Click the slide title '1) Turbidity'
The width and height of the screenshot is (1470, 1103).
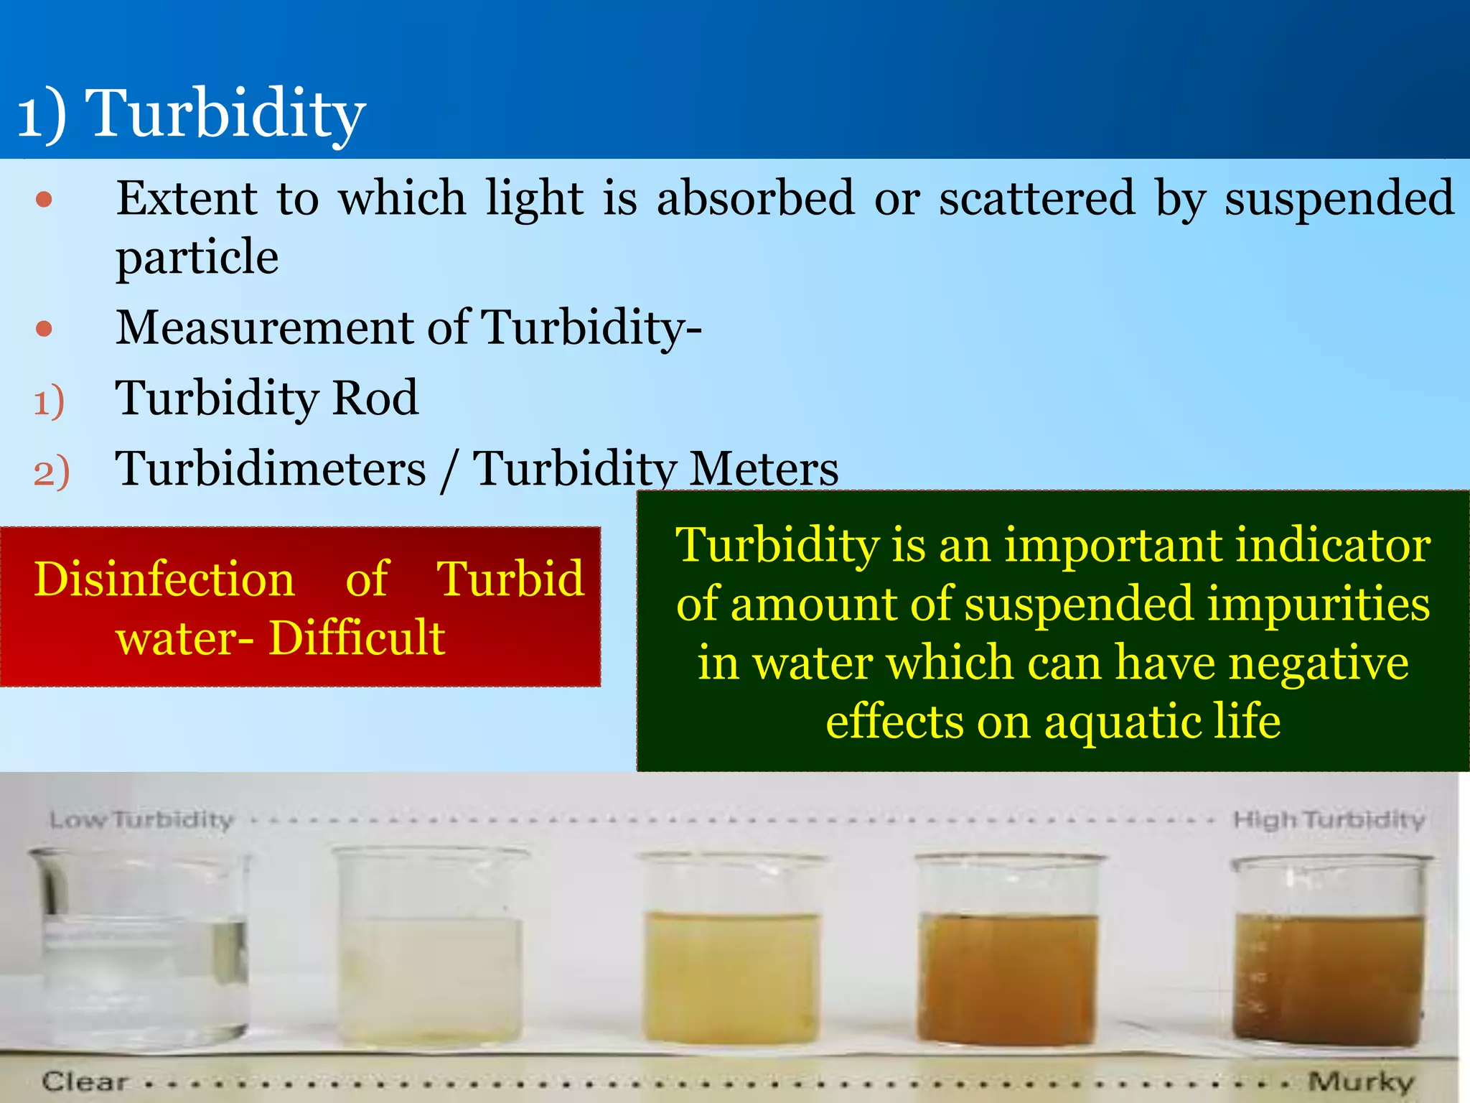click(192, 113)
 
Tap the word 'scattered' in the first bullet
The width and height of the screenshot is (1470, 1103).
click(1037, 198)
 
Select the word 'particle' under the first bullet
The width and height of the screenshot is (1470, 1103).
click(197, 258)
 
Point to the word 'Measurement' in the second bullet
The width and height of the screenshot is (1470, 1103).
click(266, 328)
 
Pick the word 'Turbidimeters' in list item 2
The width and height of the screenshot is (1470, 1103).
click(271, 469)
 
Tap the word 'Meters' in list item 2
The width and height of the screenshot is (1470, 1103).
click(764, 469)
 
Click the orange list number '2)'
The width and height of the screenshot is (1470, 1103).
click(52, 473)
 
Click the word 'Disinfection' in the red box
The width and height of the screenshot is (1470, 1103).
click(164, 580)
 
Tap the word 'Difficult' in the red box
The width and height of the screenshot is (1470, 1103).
click(357, 638)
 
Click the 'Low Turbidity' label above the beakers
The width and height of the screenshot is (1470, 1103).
click(141, 820)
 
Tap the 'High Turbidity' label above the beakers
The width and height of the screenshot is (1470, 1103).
click(1329, 820)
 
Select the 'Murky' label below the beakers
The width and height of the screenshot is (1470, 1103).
click(1360, 1081)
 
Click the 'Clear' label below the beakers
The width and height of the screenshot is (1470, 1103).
click(85, 1081)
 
